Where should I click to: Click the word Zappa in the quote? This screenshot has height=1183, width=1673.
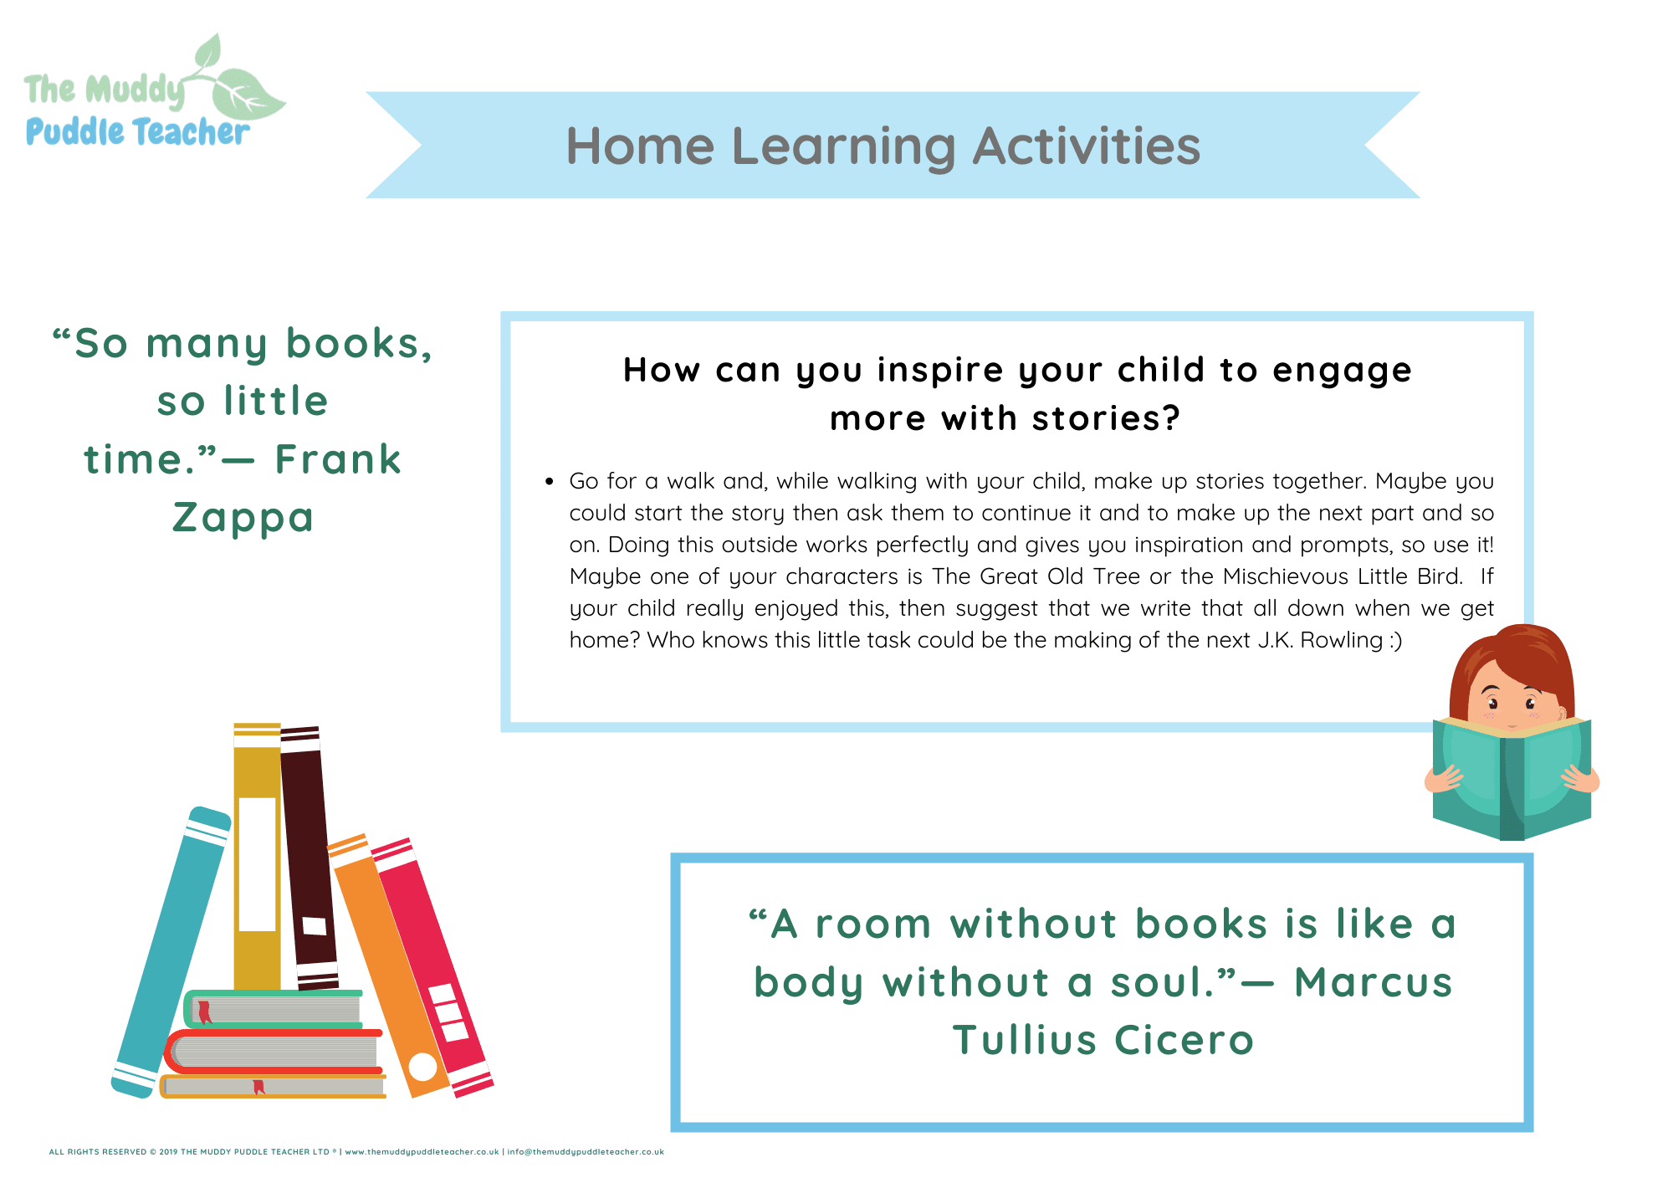point(243,518)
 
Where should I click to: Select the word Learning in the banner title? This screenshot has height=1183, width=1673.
point(843,146)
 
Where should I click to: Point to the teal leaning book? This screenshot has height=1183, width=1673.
point(171,952)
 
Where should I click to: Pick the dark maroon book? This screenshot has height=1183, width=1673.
point(309,858)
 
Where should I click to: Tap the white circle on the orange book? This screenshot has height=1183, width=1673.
point(422,1067)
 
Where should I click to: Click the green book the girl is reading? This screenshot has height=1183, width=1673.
point(1512,778)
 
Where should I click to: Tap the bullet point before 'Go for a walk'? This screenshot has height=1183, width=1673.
point(549,482)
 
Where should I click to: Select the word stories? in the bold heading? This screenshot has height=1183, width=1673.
point(1106,418)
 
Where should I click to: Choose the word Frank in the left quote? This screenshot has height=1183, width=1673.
point(338,459)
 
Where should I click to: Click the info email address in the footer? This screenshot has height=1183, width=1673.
point(586,1152)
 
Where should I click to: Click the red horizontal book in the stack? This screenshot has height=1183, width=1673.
point(274,1052)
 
